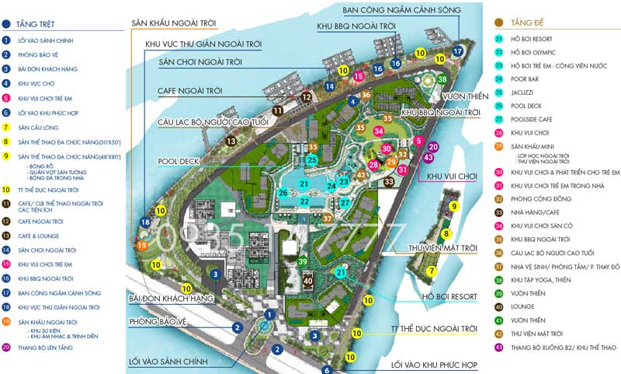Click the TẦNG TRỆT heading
tap(36, 24)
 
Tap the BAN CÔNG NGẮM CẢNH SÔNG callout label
tap(401, 9)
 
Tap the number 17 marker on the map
tap(457, 51)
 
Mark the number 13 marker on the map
tap(231, 142)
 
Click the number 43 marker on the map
tap(428, 158)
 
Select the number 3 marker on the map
tap(215, 274)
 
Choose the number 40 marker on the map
tap(308, 281)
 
